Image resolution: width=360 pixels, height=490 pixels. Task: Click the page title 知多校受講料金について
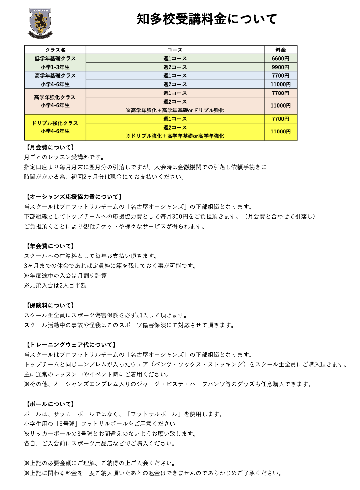coord(207,19)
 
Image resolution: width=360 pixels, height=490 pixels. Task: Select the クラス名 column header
coord(55,50)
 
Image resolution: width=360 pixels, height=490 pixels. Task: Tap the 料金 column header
coord(280,50)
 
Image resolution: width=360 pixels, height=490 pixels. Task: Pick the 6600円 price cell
coord(280,58)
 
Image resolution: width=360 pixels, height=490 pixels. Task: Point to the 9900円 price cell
coord(280,67)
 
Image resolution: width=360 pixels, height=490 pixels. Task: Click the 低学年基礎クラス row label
coord(55,59)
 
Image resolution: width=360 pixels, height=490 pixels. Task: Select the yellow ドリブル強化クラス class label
coord(55,123)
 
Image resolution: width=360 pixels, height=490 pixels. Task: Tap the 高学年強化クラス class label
coord(55,97)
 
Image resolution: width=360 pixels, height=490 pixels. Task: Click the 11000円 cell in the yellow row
coord(280,132)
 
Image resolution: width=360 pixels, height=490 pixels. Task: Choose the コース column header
coord(175,50)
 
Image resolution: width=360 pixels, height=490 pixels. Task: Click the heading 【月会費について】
coord(50,148)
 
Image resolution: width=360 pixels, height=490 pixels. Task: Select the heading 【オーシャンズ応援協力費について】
coord(74,197)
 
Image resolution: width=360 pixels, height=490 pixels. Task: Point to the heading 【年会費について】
coord(50,246)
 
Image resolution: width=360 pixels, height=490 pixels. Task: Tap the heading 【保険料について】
coord(50,305)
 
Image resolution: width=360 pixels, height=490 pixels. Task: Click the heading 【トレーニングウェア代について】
coord(70,345)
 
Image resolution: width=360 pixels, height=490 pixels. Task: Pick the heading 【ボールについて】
coord(50,404)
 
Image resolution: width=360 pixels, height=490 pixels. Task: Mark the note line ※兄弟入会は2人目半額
coord(55,285)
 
